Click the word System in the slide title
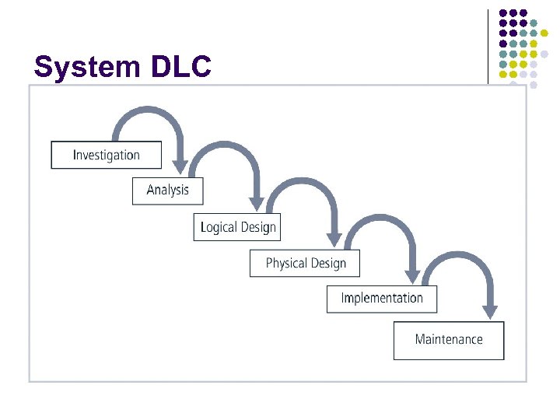coord(86,67)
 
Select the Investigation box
coord(106,155)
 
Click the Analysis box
coord(167,191)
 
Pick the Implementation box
coord(381,299)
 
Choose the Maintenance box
coord(448,340)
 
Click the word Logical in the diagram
coord(217,227)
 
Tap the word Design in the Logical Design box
coord(258,227)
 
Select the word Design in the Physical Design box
coord(329,264)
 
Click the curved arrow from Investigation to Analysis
coord(148,113)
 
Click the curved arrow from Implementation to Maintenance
coord(459,258)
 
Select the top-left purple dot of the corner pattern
coord(503,13)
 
